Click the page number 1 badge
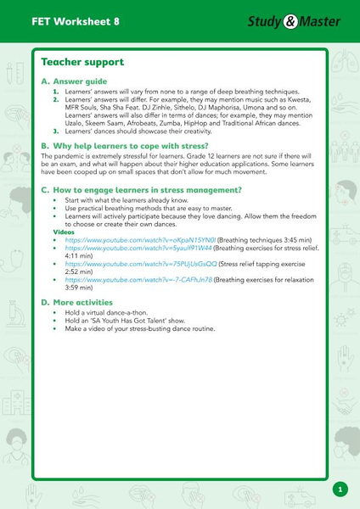click(x=340, y=489)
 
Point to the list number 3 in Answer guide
click(x=55, y=132)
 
